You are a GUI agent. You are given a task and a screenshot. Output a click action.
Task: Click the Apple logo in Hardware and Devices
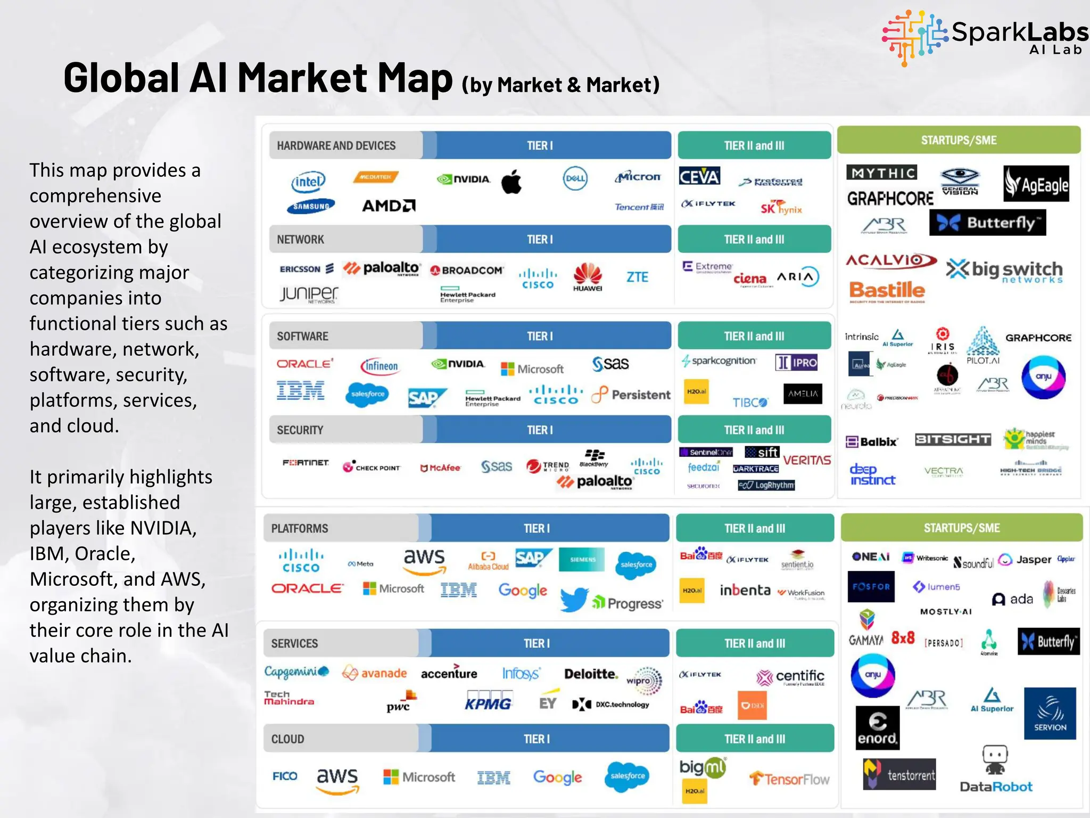coord(511,182)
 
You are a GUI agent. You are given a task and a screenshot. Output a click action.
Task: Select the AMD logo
coord(389,206)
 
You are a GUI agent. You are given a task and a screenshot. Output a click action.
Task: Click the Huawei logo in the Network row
coord(588,276)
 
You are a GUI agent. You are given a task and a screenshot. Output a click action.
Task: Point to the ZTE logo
coord(637,277)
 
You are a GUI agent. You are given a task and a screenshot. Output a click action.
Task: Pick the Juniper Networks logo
coord(309,294)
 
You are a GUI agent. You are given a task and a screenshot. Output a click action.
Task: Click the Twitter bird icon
coord(574,599)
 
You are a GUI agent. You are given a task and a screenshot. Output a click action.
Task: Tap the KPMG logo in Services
coord(488,702)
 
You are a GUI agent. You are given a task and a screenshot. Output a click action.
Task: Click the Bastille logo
coord(887,291)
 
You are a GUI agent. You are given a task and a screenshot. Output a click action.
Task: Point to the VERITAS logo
coord(807,460)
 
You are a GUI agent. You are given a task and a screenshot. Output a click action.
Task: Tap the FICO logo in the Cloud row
coord(285,776)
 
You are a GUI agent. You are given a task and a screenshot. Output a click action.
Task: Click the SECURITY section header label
coord(300,430)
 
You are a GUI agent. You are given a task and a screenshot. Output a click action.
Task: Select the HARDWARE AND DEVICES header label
coord(336,145)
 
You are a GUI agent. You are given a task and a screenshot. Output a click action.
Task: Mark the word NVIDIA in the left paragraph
coord(163,528)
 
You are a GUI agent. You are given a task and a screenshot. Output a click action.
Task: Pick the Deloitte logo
coord(591,674)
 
